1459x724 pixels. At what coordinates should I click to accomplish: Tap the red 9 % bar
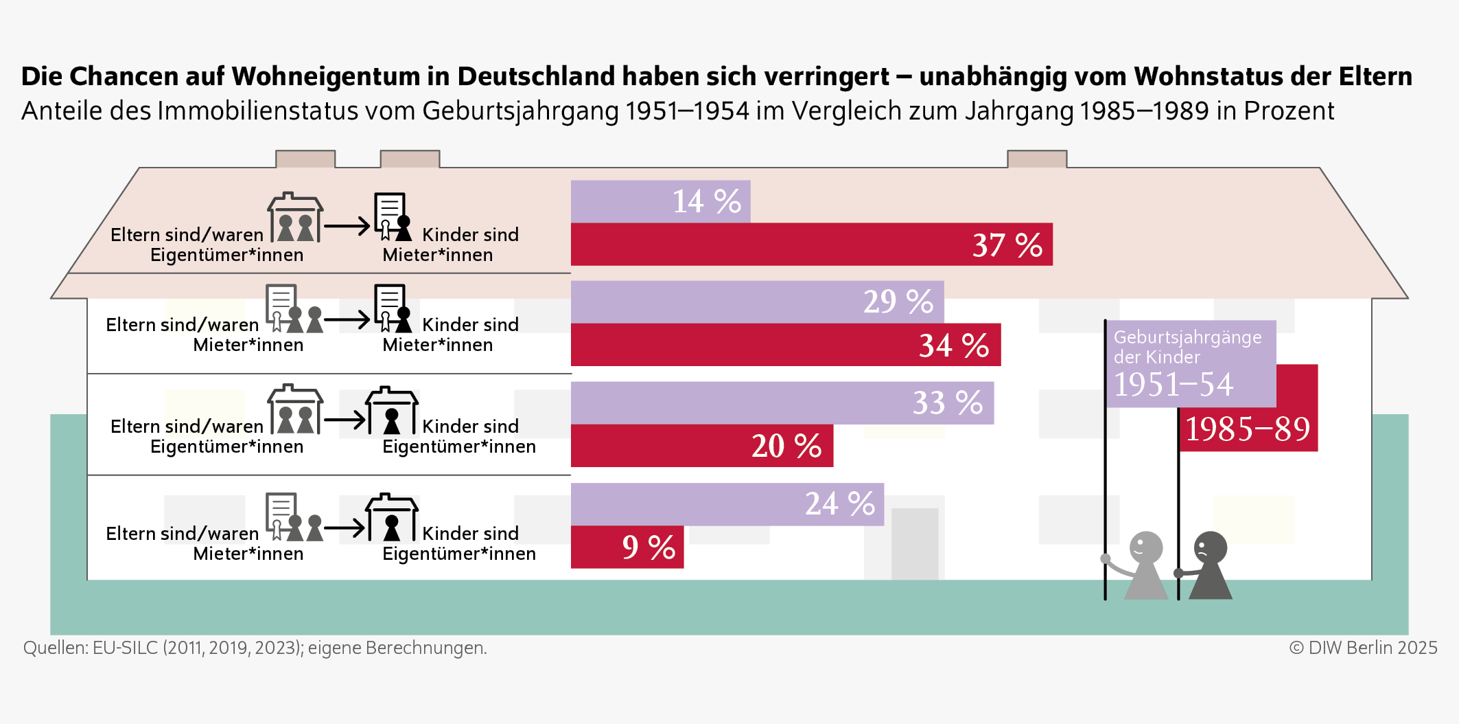click(626, 547)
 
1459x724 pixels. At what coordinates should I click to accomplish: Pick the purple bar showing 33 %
click(781, 403)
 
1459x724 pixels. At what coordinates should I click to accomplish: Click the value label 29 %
click(898, 302)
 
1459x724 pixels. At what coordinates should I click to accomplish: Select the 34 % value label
click(953, 345)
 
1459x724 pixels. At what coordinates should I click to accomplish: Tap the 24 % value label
click(839, 504)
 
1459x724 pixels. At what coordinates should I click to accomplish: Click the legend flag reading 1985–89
click(1248, 429)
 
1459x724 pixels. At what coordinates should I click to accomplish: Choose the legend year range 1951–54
click(1173, 384)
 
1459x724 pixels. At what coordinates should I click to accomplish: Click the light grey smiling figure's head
click(1145, 547)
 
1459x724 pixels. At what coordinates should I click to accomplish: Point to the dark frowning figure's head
click(1210, 547)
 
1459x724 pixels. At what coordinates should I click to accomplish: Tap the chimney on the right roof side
click(1036, 159)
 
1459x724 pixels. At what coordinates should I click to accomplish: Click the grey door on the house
click(914, 543)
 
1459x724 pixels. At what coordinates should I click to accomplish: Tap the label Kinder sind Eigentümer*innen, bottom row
click(458, 543)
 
